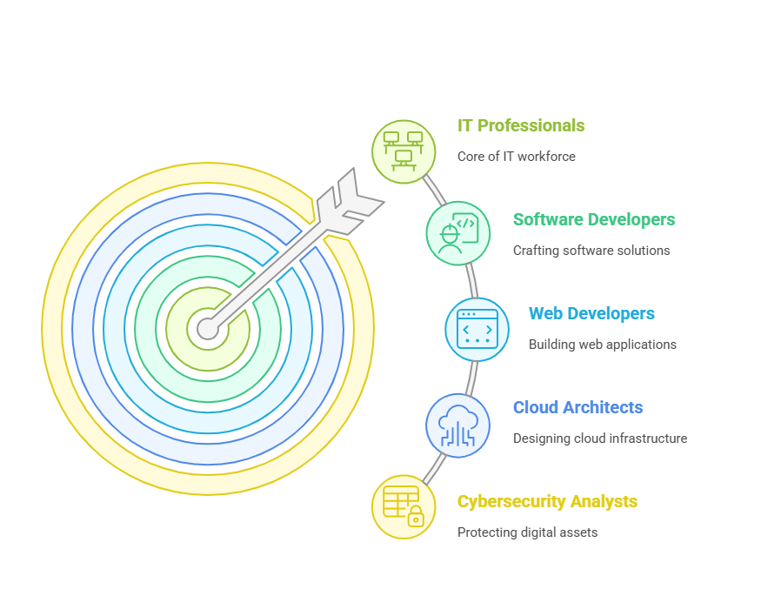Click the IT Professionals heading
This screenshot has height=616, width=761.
[521, 126]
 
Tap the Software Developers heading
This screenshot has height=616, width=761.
[594, 219]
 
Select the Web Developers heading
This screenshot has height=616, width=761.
[591, 313]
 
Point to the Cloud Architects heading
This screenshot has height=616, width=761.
[578, 407]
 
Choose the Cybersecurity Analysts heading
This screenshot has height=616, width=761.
[547, 501]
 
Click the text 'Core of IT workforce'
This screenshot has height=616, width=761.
[517, 157]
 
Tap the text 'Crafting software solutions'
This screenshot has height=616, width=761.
[591, 251]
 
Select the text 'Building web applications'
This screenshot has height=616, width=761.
[603, 345]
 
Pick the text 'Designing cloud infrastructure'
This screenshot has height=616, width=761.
[600, 439]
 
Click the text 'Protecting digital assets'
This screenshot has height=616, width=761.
[528, 532]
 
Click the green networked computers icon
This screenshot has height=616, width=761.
[404, 151]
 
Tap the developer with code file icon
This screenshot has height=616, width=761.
[458, 233]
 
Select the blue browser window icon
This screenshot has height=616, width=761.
[477, 329]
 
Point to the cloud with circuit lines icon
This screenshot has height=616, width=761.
[457, 425]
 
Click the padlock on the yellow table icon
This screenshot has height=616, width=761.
[416, 517]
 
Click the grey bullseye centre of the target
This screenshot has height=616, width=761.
[207, 329]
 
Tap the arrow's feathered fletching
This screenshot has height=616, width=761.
[353, 200]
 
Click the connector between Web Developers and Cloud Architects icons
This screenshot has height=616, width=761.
[471, 378]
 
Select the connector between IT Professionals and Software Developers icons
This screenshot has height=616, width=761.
[434, 191]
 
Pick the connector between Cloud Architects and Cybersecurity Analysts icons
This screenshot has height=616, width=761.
[434, 468]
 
